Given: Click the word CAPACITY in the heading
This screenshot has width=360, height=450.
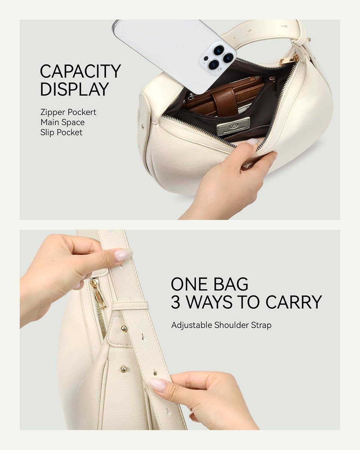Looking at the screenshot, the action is pyautogui.click(x=80, y=71).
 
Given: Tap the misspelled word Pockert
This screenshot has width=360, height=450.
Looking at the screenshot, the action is pyautogui.click(x=82, y=112).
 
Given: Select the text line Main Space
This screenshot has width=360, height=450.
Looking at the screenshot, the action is pyautogui.click(x=62, y=122).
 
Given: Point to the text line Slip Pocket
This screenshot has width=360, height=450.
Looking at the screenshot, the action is pyautogui.click(x=62, y=132).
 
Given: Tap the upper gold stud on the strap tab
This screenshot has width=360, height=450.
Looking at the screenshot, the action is pyautogui.click(x=124, y=329).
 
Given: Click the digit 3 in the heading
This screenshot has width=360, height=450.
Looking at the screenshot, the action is pyautogui.click(x=175, y=302).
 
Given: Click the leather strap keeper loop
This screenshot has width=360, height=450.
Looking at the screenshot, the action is pyautogui.click(x=130, y=305).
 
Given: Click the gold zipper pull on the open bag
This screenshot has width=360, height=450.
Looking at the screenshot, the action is pyautogui.click(x=284, y=62).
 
